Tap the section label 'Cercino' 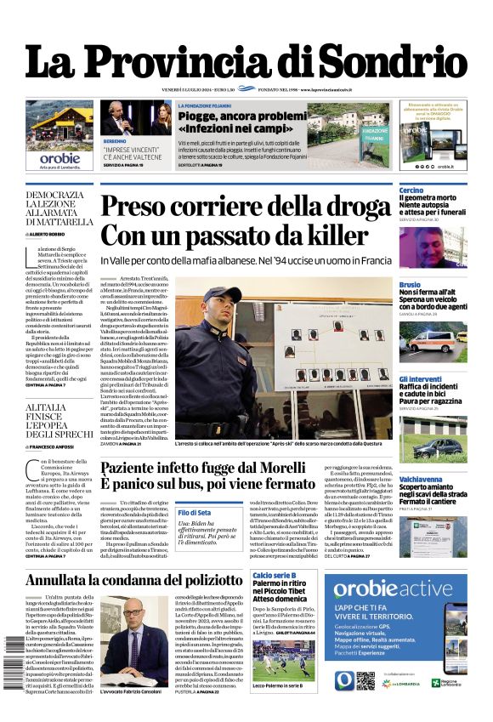[411, 190]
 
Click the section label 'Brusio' [410, 284]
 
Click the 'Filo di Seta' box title [194, 513]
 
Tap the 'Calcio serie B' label [274, 577]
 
